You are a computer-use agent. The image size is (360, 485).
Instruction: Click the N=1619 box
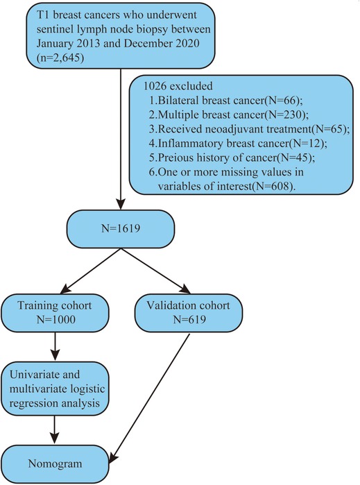(121, 229)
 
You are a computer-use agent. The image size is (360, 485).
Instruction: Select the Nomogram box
(55, 463)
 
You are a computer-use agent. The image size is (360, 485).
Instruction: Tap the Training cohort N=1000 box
(55, 312)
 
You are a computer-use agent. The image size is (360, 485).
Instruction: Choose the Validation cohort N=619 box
(189, 312)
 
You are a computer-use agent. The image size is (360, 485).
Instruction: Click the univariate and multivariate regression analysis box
(55, 389)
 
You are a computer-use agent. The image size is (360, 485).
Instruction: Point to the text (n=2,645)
(60, 58)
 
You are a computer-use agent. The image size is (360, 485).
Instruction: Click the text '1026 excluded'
(178, 85)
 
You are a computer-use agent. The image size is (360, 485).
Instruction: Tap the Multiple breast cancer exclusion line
(229, 114)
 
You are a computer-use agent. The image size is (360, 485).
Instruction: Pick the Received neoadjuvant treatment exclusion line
(249, 129)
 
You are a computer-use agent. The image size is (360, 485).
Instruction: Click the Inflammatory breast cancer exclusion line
(238, 144)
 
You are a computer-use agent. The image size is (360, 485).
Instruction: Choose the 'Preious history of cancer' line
(232, 158)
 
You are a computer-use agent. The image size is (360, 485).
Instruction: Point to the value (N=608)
(272, 186)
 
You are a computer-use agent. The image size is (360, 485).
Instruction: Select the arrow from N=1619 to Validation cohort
(155, 271)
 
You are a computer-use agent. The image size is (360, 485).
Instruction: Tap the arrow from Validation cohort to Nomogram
(149, 400)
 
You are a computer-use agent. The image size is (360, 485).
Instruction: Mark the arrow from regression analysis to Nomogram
(55, 430)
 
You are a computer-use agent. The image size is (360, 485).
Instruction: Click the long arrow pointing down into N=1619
(121, 139)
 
